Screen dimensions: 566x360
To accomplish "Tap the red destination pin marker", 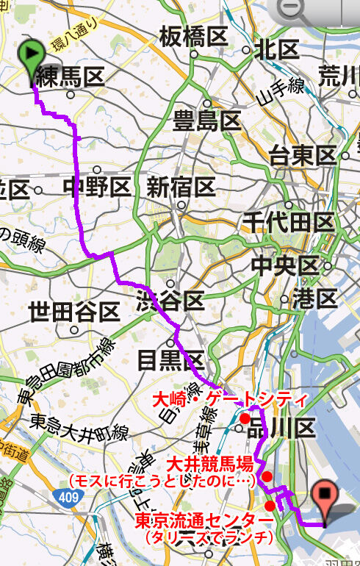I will [325, 498].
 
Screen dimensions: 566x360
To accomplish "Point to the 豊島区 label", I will [207, 121].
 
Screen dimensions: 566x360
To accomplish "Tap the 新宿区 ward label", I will [181, 187].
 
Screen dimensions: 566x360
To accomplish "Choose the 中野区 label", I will [97, 187].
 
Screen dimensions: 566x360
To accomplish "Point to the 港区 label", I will [314, 298].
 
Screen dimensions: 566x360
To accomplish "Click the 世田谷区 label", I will [74, 312].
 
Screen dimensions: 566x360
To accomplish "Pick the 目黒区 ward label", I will [170, 360].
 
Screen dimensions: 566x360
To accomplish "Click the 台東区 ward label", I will [303, 156].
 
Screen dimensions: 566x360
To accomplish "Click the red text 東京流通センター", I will [205, 521].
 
